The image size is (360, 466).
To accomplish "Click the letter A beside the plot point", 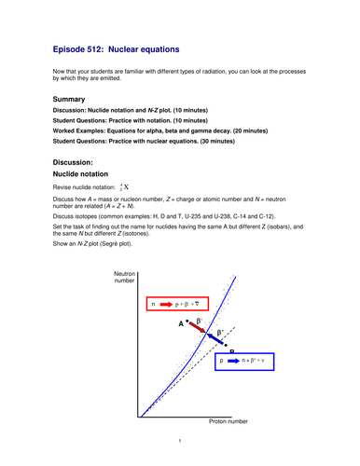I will [181, 322].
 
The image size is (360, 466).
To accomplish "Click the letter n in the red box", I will [153, 304].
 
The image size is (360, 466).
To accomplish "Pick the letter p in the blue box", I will [223, 360].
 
